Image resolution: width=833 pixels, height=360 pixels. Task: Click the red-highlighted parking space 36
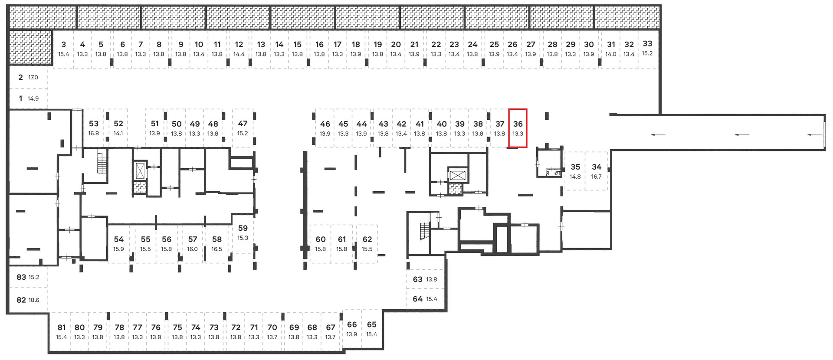(518, 128)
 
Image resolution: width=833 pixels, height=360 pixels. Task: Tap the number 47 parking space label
(243, 124)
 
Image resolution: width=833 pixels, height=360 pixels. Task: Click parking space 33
(647, 49)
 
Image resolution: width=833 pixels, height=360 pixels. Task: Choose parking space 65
(371, 329)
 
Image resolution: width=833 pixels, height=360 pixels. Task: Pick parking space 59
(243, 233)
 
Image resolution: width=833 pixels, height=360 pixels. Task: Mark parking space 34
(597, 171)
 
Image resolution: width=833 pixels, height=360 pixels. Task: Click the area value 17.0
(33, 78)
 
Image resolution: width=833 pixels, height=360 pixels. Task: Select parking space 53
(94, 128)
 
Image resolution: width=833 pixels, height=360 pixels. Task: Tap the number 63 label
(417, 279)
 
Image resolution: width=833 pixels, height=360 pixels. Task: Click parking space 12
(239, 49)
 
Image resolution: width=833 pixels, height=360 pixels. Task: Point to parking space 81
(62, 332)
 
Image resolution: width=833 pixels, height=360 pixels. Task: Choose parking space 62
(367, 244)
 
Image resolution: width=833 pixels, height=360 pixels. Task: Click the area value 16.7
(597, 177)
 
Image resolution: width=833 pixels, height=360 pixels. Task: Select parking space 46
(325, 128)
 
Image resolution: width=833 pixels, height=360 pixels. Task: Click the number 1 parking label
(20, 98)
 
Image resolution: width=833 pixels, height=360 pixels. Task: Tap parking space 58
(217, 244)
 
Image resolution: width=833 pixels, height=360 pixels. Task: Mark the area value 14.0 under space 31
(611, 54)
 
